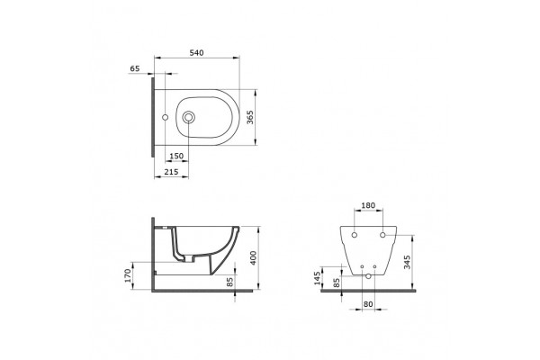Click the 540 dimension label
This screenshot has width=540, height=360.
pos(196,53)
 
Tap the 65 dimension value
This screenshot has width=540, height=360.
pos(135,68)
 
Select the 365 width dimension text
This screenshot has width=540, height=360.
pos(250,117)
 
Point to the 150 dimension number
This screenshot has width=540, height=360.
pos(176,156)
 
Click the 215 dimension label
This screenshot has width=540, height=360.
pos(171,172)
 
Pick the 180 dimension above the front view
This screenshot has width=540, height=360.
pos(368,205)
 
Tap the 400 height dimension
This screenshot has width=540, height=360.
pos(253,258)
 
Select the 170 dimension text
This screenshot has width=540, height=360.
pos(128,275)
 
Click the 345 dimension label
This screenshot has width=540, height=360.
pos(407,263)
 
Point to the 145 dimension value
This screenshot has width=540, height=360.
pos(317,278)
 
